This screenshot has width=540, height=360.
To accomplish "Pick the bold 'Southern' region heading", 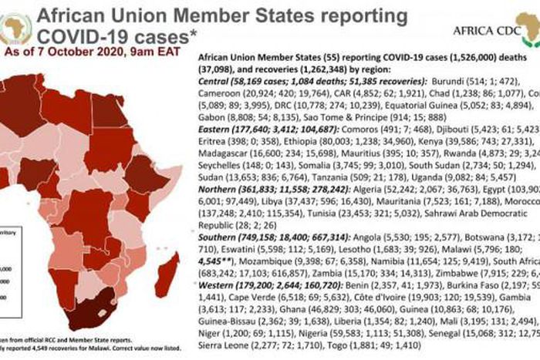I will click(x=223, y=236).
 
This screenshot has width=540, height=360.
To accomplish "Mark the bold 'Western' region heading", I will click(x=221, y=284).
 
